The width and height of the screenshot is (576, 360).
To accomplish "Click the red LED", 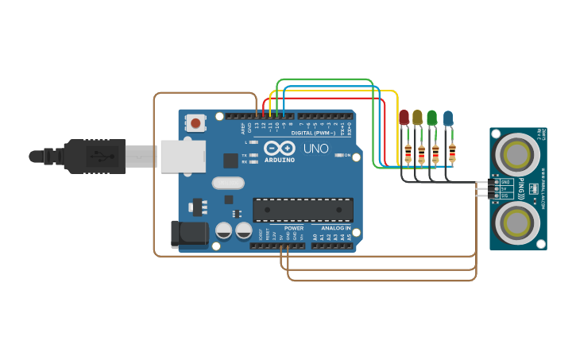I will coord(404,118).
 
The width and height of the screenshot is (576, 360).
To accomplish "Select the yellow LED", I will coord(417,118).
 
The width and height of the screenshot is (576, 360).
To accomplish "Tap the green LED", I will coord(431,118).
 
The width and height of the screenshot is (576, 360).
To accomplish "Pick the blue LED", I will coord(448,118).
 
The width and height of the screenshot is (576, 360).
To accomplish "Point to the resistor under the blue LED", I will coord(452,151).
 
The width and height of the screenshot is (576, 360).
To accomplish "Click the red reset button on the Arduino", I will coord(195,122).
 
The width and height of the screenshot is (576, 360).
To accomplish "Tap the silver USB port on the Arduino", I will coord(183,157).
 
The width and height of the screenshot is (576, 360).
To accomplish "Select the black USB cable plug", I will coord(95,157).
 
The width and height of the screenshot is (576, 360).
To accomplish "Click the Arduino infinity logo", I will coord(279,149).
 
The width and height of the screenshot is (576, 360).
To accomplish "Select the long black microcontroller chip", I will coord(303,210).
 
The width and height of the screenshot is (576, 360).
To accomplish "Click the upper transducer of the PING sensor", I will coord(517,152).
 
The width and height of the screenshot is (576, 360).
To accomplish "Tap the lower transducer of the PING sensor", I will coord(517,221).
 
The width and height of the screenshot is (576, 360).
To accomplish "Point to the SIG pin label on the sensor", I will coord(505,195).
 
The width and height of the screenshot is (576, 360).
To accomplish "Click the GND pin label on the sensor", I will coord(505,182).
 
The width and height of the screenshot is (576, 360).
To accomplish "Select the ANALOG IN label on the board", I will coord(336,228).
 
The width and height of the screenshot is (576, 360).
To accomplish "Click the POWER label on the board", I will coord(293,228).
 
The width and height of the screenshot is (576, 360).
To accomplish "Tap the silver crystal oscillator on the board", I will coord(227,183).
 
